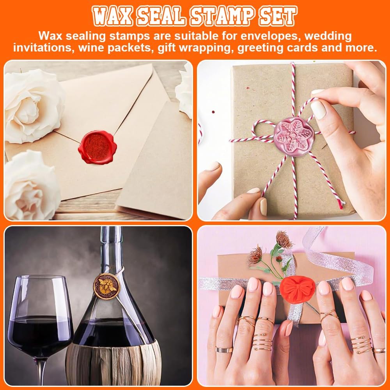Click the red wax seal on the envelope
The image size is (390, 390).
coord(97,147)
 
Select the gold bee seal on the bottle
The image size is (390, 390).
coord(106,286)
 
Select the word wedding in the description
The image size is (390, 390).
coord(328,36)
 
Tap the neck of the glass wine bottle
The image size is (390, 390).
coord(110,250)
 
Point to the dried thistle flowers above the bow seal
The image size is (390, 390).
coord(273,250)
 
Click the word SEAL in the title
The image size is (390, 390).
coord(161,16)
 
